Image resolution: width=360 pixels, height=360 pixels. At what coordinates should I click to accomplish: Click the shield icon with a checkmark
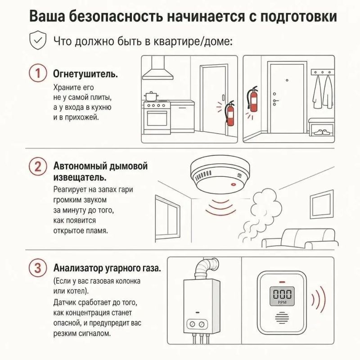(x=38, y=40)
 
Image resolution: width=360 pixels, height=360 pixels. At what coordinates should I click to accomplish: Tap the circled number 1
(x=38, y=73)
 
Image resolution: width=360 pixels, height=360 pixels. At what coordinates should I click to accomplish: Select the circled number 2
(x=38, y=166)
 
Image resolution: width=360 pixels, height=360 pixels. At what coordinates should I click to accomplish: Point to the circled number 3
(x=38, y=268)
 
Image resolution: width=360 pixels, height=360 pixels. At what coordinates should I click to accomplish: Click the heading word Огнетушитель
(x=85, y=74)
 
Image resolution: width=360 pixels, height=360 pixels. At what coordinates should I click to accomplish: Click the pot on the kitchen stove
(x=152, y=96)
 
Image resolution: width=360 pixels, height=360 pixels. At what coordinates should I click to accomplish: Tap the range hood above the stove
(x=158, y=68)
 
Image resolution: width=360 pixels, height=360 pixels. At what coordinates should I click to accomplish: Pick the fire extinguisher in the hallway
(x=252, y=99)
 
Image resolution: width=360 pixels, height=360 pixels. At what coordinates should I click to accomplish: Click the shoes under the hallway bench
(x=322, y=132)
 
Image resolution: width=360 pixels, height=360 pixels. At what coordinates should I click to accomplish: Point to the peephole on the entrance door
(x=287, y=81)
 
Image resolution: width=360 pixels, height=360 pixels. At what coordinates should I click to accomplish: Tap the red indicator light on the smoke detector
(x=234, y=184)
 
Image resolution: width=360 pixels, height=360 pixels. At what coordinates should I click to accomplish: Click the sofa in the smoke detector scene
(x=300, y=239)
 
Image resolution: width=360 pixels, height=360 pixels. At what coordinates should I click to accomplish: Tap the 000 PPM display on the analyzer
(x=282, y=296)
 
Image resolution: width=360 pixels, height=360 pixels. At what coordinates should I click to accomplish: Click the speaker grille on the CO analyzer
(x=282, y=318)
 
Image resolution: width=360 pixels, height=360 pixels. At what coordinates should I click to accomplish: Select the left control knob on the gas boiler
(x=193, y=324)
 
